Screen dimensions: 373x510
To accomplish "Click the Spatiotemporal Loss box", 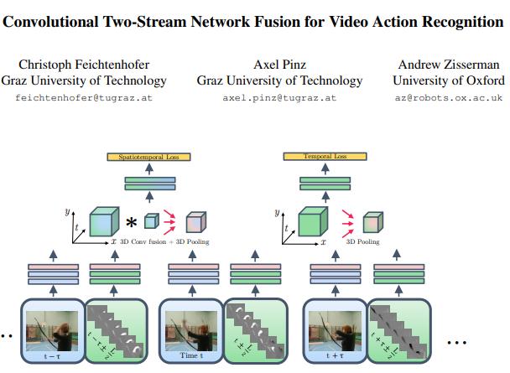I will [148, 157].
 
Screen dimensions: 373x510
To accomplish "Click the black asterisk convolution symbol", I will [131, 223].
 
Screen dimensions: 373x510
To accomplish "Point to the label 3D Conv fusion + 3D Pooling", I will [164, 242].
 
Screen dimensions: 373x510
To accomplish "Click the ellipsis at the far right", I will [457, 343].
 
